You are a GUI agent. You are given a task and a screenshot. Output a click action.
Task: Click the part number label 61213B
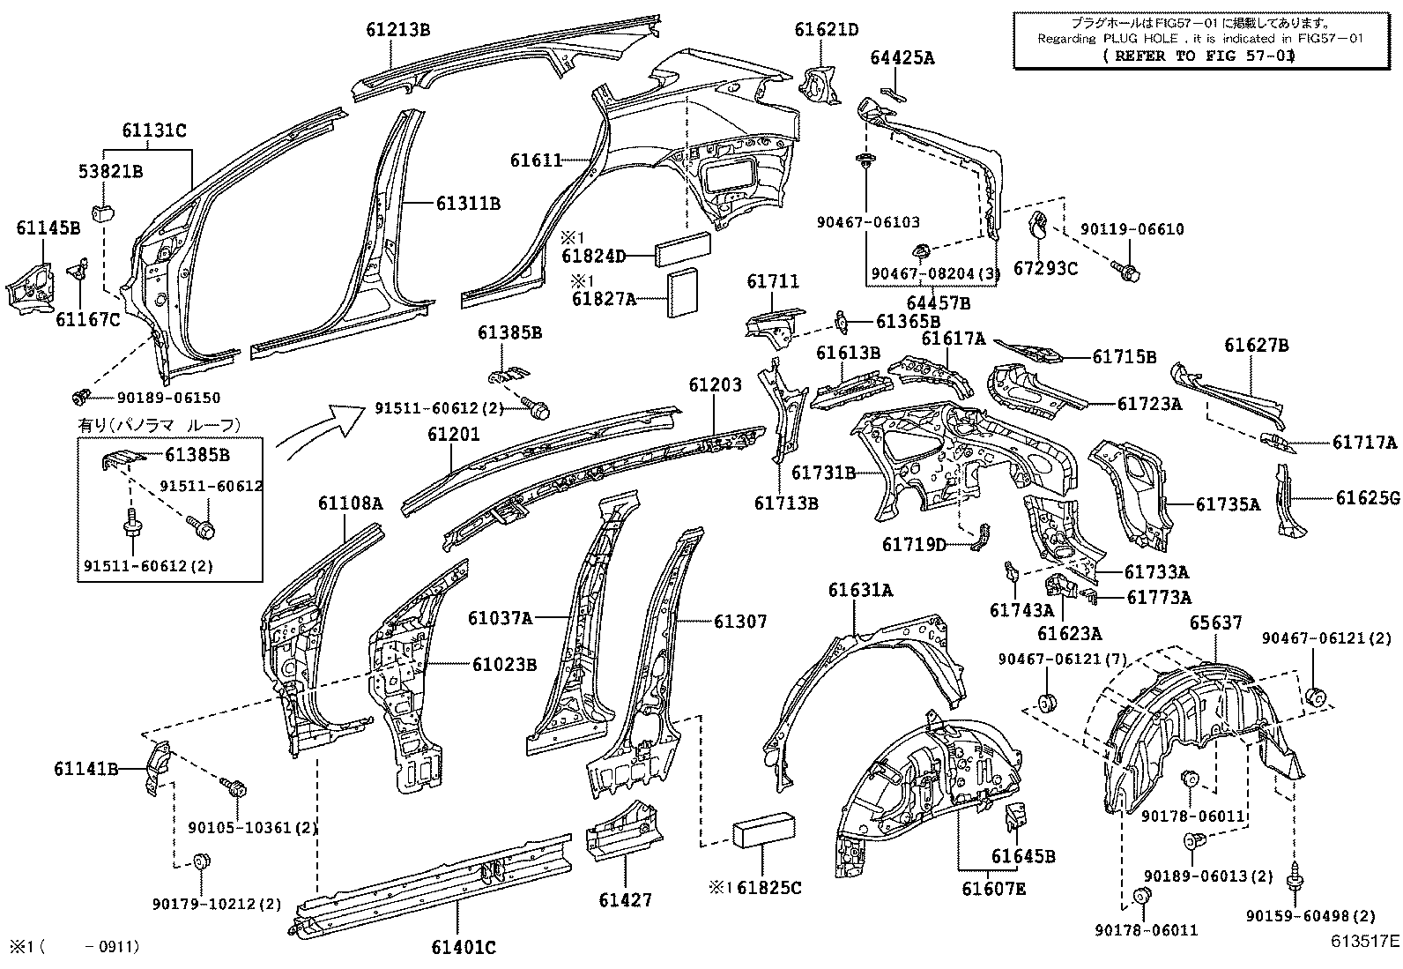point(397,29)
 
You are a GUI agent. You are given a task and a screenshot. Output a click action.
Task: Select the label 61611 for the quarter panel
point(535,160)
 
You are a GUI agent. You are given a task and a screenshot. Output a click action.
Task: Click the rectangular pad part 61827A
point(683,293)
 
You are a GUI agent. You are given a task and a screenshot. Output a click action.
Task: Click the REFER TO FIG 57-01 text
point(1199,55)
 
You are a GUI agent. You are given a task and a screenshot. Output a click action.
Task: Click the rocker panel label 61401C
point(463,948)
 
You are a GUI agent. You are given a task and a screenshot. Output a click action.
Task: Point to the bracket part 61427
point(621,833)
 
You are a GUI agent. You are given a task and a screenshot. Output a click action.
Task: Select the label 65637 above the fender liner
point(1215,623)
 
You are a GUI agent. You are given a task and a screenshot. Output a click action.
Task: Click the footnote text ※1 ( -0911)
point(73,947)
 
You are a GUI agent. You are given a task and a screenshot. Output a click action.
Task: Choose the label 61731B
point(823,473)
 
